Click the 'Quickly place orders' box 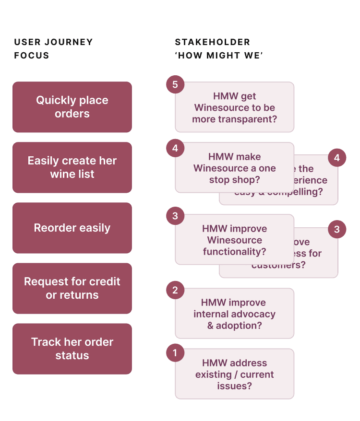[x=72, y=107]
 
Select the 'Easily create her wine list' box [x=72, y=167]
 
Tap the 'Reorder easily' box [x=72, y=228]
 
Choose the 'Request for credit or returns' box [x=72, y=288]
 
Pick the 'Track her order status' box [x=72, y=349]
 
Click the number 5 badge [x=175, y=85]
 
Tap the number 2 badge [x=175, y=290]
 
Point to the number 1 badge [x=175, y=353]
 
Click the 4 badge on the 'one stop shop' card [x=175, y=148]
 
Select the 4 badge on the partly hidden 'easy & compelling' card [x=337, y=157]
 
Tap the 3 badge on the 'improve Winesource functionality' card [x=175, y=216]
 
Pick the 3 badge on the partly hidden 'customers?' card [x=337, y=230]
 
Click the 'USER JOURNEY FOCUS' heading [x=53, y=48]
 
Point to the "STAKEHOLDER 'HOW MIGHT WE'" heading [x=219, y=48]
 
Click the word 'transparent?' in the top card [x=253, y=119]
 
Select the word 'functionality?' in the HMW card [x=234, y=252]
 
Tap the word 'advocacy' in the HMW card [x=253, y=314]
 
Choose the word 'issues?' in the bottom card [x=234, y=386]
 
